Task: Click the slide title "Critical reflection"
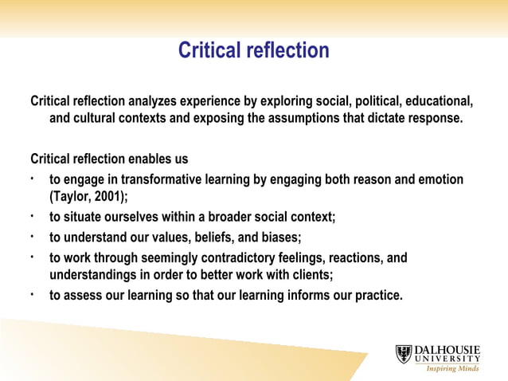pos(253,51)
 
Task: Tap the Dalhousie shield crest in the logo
pos(404,354)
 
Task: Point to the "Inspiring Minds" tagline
pos(453,369)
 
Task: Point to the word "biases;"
pos(277,237)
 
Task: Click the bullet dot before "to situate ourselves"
pos(32,214)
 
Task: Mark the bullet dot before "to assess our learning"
pos(32,293)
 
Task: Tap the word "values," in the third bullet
pos(167,237)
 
